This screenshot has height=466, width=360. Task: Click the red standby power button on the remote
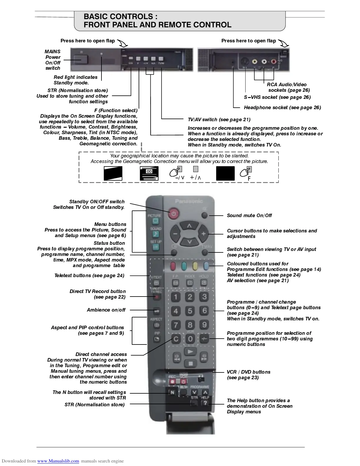click(x=174, y=214)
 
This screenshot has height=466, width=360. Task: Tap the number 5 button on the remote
click(x=190, y=311)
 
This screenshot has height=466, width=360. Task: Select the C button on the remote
click(x=176, y=339)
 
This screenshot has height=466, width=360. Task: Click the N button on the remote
click(x=172, y=392)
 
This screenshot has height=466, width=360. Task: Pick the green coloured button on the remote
click(x=184, y=266)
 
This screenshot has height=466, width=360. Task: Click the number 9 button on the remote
click(x=204, y=325)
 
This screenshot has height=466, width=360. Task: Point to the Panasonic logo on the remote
click(x=189, y=201)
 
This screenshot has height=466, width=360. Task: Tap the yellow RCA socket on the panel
click(x=255, y=62)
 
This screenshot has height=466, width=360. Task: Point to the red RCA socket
click(x=274, y=62)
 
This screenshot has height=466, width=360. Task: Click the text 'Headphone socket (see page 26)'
click(x=282, y=108)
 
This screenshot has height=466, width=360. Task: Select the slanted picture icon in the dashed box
click(x=113, y=173)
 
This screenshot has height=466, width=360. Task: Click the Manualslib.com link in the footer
click(x=58, y=461)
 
